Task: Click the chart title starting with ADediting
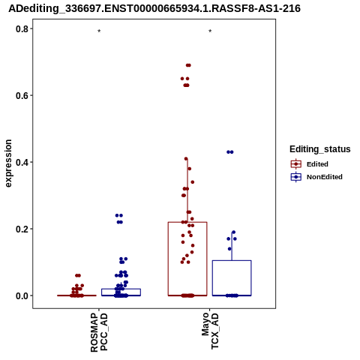(154, 8)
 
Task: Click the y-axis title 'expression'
(8, 163)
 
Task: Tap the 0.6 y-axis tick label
(22, 95)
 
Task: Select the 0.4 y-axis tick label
(22, 162)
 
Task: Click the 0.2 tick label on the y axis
(22, 229)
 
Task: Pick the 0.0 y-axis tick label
(22, 295)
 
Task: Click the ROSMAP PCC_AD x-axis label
(99, 332)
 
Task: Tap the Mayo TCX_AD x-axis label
(210, 331)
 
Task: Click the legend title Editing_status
(320, 149)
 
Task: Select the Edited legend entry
(310, 164)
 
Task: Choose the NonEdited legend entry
(316, 177)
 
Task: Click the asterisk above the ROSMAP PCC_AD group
(99, 31)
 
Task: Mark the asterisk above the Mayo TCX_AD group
(210, 31)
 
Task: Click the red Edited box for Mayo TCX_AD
(168, 259)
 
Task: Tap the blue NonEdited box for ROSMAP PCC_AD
(121, 289)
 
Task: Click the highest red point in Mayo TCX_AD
(188, 65)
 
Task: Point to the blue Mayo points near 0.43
(230, 152)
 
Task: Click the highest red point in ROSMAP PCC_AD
(78, 275)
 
